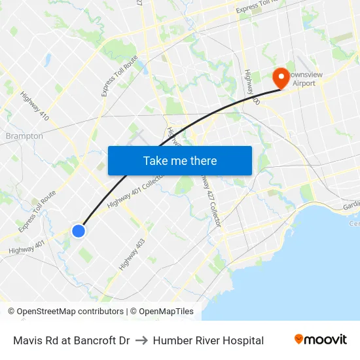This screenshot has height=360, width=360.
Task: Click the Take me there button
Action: (x=180, y=161)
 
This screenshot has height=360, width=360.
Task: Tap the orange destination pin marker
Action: (x=281, y=78)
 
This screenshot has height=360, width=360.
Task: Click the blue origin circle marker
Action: (x=79, y=230)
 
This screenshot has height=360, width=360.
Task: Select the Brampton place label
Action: (x=24, y=136)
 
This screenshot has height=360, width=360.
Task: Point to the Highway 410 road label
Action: (x=35, y=107)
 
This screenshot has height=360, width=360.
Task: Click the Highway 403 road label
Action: (x=132, y=255)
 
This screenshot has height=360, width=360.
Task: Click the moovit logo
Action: (x=321, y=340)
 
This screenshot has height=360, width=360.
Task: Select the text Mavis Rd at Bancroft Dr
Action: (x=71, y=340)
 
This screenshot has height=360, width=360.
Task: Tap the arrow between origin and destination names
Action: (x=142, y=340)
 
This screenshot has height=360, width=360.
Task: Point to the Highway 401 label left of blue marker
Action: (x=27, y=247)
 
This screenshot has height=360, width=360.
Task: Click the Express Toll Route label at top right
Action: (x=259, y=7)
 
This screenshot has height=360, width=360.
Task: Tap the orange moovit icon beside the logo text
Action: (x=299, y=339)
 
